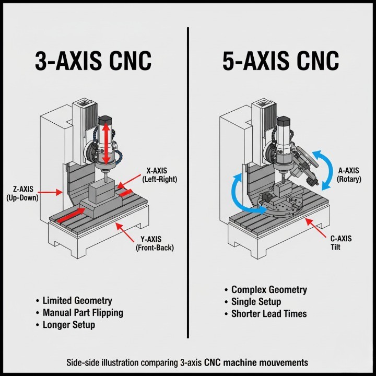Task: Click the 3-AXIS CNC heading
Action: pos(93,61)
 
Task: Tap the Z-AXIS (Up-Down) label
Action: pos(21,194)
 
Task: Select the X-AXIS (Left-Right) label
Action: pos(160,175)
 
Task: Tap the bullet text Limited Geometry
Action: pos(77,301)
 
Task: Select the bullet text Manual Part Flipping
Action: pos(83,313)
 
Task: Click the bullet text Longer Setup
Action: pos(69,325)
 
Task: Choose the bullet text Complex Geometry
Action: pos(269,290)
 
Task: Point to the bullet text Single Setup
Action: pos(256,302)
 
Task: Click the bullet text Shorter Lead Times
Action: pos(269,314)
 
